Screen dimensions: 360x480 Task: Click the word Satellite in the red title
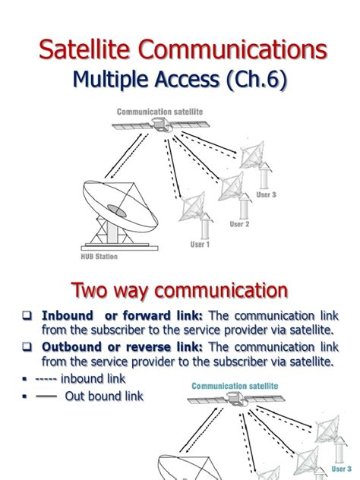(x=84, y=49)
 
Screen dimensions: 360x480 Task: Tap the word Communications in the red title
(x=232, y=49)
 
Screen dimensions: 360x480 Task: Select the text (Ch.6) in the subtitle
(x=256, y=79)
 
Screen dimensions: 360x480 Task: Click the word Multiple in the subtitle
(x=111, y=79)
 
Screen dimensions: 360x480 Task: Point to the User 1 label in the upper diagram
(x=200, y=245)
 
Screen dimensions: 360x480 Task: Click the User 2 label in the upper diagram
(x=239, y=224)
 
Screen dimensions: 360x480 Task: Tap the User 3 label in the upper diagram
(x=266, y=194)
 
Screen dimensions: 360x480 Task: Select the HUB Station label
(x=99, y=257)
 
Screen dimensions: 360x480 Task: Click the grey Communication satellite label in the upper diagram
(x=159, y=112)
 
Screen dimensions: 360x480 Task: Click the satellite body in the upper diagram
(x=161, y=125)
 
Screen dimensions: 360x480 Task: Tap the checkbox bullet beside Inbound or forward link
(x=27, y=315)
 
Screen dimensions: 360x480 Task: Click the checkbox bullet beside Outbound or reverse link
(x=27, y=346)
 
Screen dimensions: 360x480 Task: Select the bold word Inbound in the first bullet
(x=68, y=316)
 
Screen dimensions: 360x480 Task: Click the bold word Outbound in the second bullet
(x=72, y=347)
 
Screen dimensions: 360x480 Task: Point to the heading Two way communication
(x=180, y=291)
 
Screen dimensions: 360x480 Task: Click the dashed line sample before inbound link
(x=46, y=380)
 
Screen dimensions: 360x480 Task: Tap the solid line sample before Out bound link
(x=46, y=396)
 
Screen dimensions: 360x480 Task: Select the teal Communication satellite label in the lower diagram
(x=235, y=386)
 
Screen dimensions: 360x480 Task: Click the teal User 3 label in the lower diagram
(x=342, y=469)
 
